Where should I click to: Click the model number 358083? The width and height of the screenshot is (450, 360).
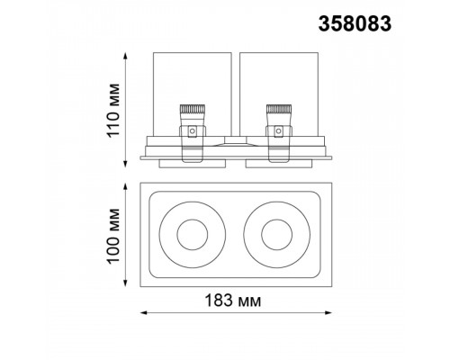click(355, 23)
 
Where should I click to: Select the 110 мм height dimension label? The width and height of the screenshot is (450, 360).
click(113, 110)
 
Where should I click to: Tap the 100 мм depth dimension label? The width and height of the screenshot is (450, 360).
click(113, 236)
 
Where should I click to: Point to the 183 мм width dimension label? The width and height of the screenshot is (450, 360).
click(233, 301)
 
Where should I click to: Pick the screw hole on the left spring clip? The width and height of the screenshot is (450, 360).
click(192, 130)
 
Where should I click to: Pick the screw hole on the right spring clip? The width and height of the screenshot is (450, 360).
click(279, 130)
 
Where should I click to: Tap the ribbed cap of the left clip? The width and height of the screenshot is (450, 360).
click(193, 109)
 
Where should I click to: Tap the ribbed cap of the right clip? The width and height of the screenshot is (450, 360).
click(279, 109)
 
